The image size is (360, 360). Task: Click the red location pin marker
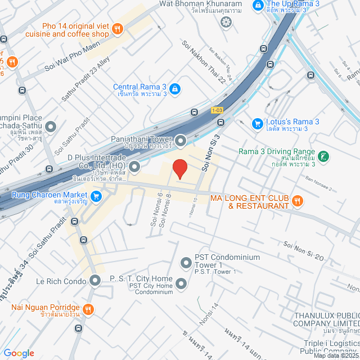point(179,169)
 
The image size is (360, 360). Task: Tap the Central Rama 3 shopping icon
point(175,88)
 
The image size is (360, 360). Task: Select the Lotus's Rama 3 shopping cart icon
point(257,123)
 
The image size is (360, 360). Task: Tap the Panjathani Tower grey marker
point(181,140)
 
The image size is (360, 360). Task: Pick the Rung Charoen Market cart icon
point(96,196)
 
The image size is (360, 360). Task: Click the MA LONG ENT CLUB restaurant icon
point(298,200)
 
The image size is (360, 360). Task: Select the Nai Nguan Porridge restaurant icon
point(88,309)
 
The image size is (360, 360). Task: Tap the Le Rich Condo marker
point(96,280)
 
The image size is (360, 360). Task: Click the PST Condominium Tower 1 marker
point(186,262)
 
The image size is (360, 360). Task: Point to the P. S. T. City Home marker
point(181,283)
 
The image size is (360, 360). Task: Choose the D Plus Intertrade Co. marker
point(134,166)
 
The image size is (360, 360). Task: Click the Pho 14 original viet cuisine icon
point(118,29)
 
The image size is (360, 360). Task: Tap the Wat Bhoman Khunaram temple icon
point(226,22)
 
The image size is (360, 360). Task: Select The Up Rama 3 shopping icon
point(258,5)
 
